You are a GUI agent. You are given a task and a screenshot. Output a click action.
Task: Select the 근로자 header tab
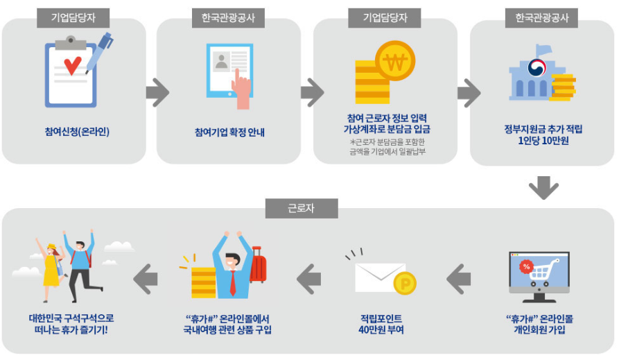tap(301, 208)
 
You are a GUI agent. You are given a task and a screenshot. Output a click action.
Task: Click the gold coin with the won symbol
tap(394, 61)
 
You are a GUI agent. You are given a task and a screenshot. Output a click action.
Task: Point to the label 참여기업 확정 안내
tap(229, 132)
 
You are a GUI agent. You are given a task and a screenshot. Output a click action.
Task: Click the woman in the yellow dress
tap(51, 264)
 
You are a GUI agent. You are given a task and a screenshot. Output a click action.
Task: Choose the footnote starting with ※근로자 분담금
tap(386, 147)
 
